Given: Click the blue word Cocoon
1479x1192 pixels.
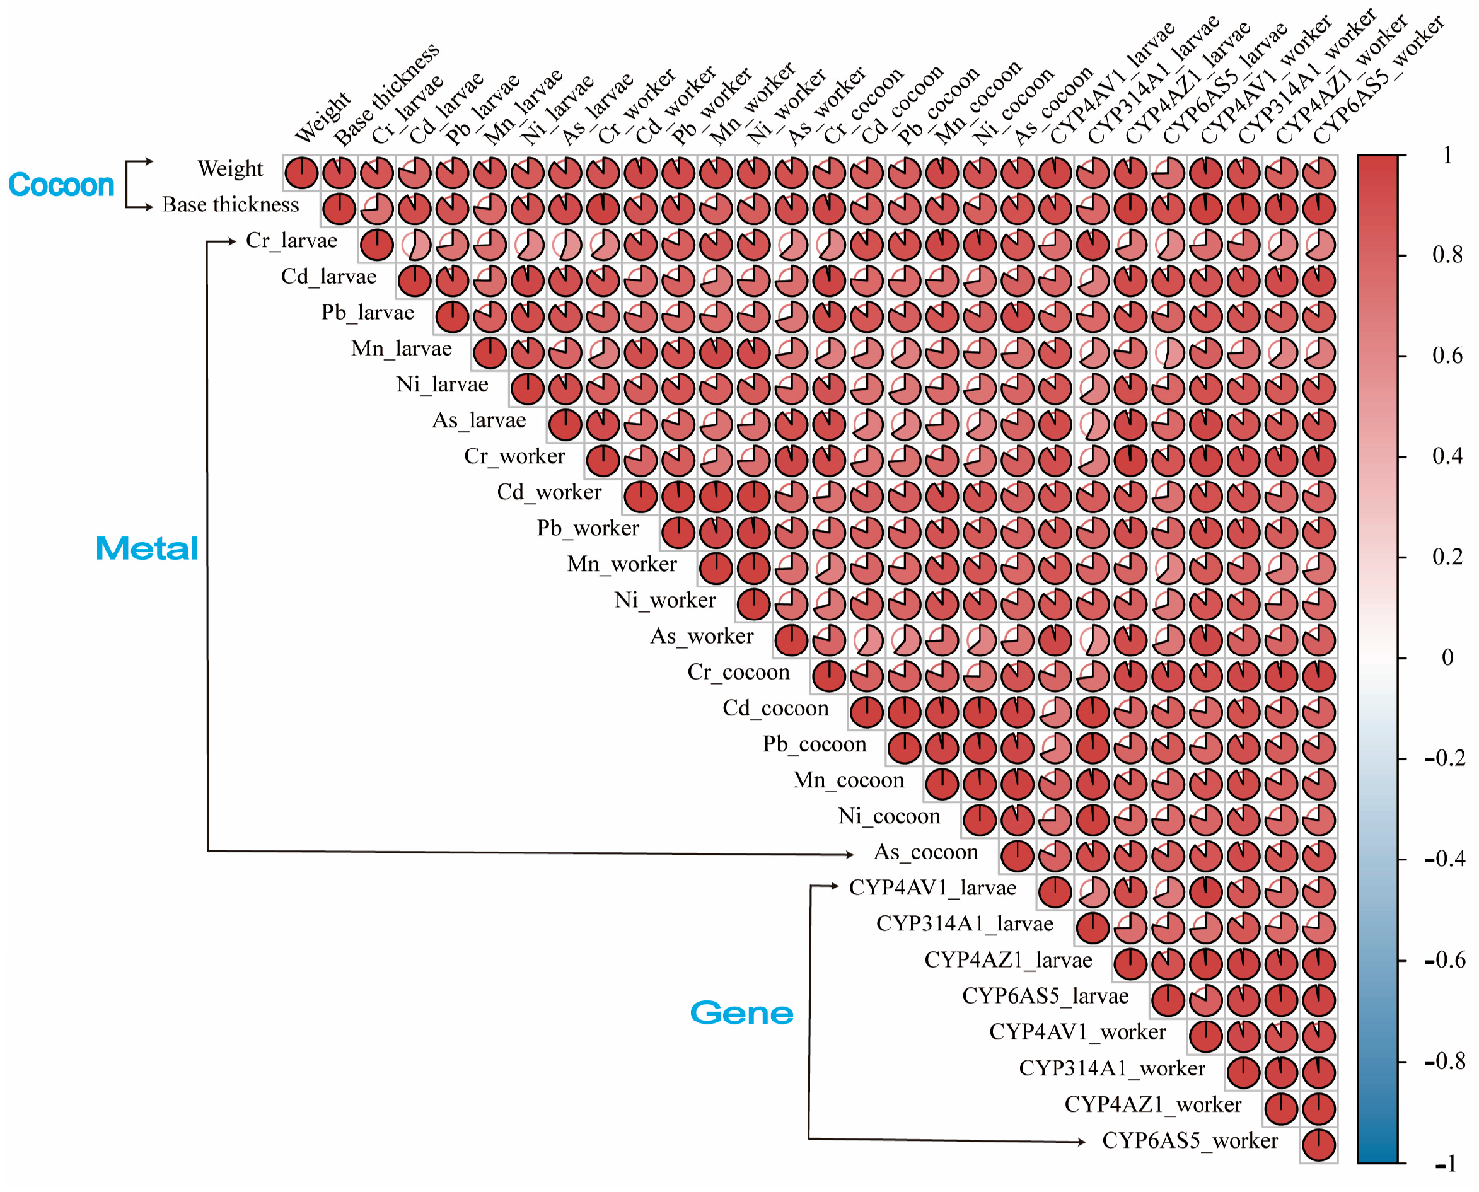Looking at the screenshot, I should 61,185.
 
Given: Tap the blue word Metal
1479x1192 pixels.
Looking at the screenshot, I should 147,548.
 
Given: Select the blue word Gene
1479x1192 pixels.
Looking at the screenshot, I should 741,1013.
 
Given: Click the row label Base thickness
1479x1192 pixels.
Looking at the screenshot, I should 231,205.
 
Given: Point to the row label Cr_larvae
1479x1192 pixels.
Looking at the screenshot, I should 292,240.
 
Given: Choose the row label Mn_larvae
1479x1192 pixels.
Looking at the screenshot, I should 402,348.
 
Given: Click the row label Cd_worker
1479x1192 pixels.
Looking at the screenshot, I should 549,492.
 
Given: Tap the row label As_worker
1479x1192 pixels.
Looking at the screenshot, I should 702,636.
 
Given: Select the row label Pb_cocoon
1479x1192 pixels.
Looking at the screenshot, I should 815,744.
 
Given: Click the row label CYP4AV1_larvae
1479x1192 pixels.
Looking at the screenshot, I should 932,887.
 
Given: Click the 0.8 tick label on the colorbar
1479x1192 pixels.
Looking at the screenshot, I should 1447,255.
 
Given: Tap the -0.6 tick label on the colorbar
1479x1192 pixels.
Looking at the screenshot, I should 1445,959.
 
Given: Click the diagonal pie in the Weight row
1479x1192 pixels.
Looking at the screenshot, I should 301,172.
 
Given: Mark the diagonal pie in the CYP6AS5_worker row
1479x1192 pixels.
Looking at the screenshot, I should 1318,1145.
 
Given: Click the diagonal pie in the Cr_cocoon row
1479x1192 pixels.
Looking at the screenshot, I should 829,676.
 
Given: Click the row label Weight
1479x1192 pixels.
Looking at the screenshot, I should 230,168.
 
